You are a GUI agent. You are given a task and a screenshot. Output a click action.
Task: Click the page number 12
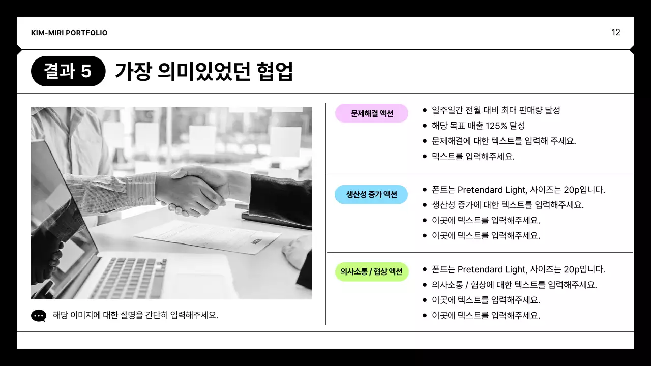coord(616,33)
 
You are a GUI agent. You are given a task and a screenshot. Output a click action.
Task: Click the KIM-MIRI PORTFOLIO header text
coord(69,33)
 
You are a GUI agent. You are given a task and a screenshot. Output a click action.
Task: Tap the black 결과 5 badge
coord(68,71)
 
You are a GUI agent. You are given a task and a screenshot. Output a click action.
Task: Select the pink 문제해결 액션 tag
coord(372,113)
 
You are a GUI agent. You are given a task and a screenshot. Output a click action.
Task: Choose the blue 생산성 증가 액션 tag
coord(371,194)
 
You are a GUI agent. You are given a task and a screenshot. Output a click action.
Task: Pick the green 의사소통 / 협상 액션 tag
coord(372,271)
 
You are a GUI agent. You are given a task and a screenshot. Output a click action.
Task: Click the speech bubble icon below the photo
coord(39,316)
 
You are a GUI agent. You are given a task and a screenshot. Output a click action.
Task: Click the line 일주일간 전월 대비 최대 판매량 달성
coord(496,110)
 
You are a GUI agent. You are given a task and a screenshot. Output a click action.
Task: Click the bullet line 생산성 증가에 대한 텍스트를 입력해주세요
coord(508,205)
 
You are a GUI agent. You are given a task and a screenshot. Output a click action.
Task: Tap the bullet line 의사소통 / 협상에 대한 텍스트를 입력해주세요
coord(514,285)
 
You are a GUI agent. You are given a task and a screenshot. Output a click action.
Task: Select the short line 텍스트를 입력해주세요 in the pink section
coord(473,156)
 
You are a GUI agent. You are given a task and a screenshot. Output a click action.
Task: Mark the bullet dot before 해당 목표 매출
coord(425,126)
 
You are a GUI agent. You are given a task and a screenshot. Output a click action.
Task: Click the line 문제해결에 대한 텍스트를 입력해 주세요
coord(504,141)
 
